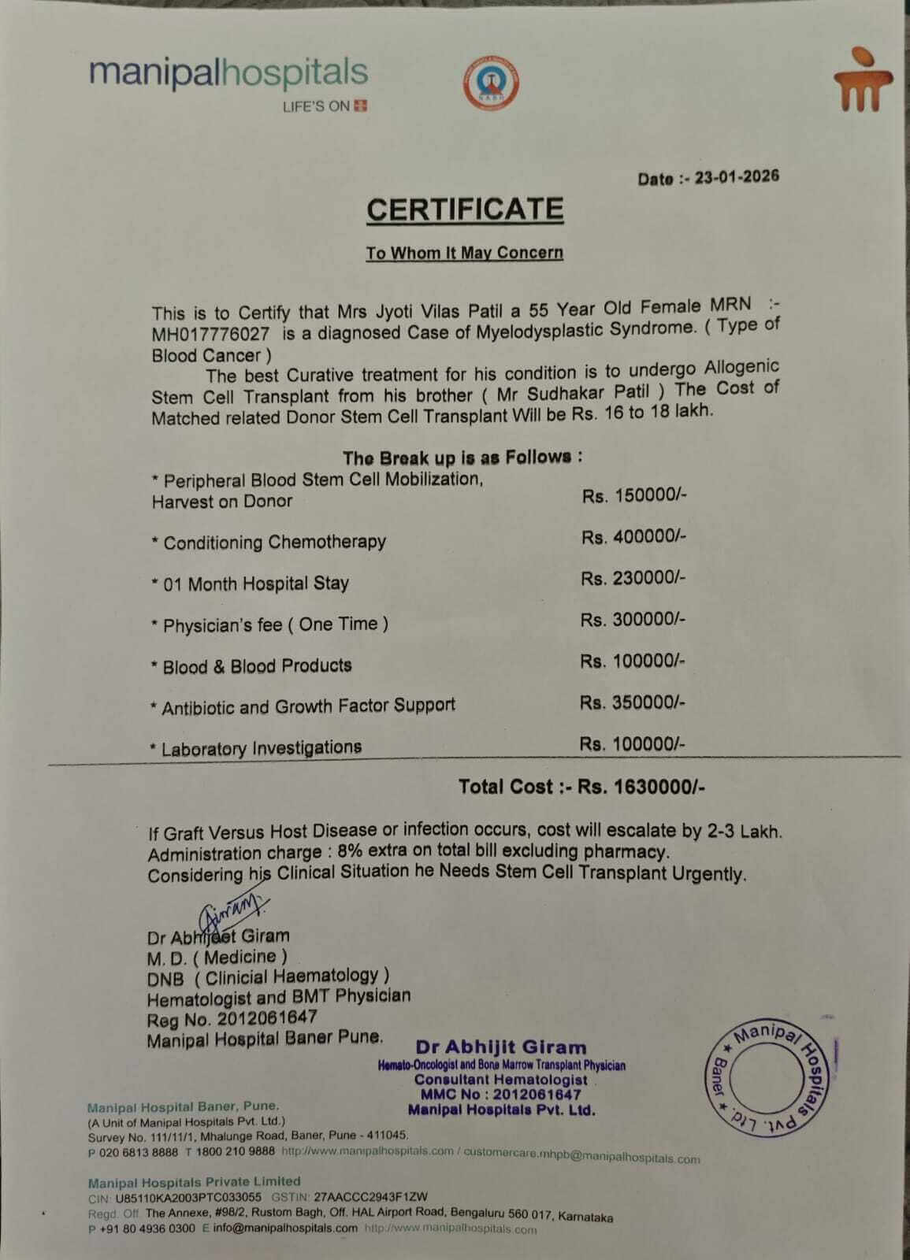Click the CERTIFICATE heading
(465, 209)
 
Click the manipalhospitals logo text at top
(228, 73)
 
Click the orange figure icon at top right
(863, 81)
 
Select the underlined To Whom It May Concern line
(464, 253)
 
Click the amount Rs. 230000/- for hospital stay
(633, 578)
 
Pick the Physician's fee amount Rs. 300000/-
(633, 620)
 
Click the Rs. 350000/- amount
(633, 702)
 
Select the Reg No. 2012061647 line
(232, 1018)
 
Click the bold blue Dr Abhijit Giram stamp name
(501, 1047)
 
